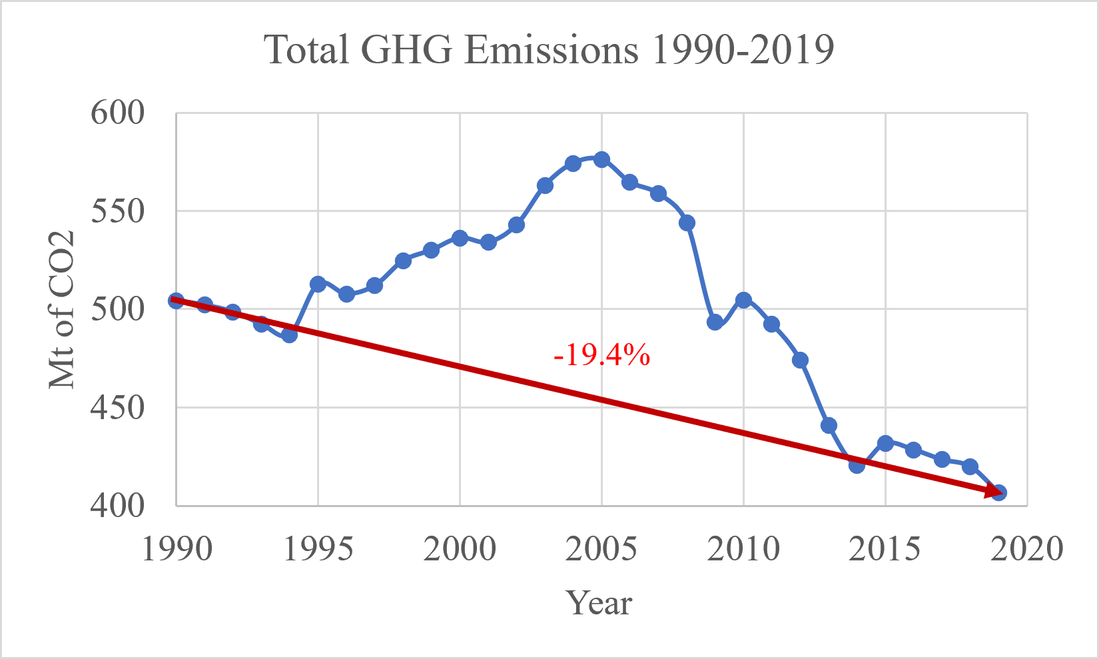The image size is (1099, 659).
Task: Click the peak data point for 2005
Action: (601, 159)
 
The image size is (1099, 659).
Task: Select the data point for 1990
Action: (176, 301)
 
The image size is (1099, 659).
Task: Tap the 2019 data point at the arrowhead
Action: (998, 492)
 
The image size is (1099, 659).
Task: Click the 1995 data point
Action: (318, 284)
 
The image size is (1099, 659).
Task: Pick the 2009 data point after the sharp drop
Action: (715, 323)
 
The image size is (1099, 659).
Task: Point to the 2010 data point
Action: (743, 301)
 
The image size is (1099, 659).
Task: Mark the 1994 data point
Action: (289, 334)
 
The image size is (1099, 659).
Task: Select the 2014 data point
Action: (857, 464)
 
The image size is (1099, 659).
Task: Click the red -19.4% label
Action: (601, 356)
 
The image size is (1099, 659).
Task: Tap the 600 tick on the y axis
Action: (118, 113)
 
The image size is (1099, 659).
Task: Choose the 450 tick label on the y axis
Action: (118, 408)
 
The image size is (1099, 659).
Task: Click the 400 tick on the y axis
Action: (118, 506)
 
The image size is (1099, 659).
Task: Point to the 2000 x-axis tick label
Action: (460, 550)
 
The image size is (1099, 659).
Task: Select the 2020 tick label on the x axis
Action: (1026, 550)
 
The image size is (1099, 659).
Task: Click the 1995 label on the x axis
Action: (318, 550)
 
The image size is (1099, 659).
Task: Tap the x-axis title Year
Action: (599, 603)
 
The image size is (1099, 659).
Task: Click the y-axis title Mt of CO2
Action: (62, 310)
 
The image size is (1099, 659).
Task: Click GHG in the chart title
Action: (407, 50)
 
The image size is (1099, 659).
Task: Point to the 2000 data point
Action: (460, 238)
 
